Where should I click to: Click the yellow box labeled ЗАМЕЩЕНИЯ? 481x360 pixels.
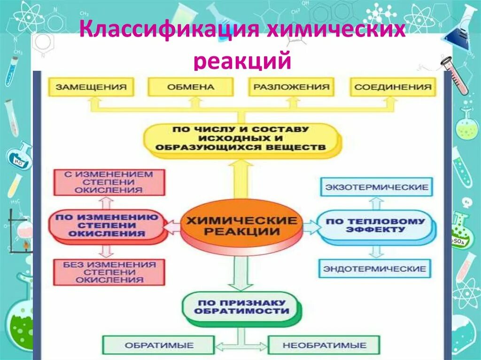coord(91,87)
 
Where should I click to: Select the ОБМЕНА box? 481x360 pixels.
coord(190,87)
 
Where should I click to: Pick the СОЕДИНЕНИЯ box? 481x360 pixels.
coord(393,87)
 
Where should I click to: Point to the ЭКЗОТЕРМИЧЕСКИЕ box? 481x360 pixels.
coord(376,187)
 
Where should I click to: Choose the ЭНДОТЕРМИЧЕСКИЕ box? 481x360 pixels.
coord(375,269)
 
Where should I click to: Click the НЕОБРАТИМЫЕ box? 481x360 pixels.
coord(324,345)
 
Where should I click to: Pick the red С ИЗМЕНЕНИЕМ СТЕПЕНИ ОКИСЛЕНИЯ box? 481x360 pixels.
coord(109,182)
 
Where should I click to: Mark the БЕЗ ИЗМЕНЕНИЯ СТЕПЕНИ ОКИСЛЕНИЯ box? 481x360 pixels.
coord(109,272)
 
